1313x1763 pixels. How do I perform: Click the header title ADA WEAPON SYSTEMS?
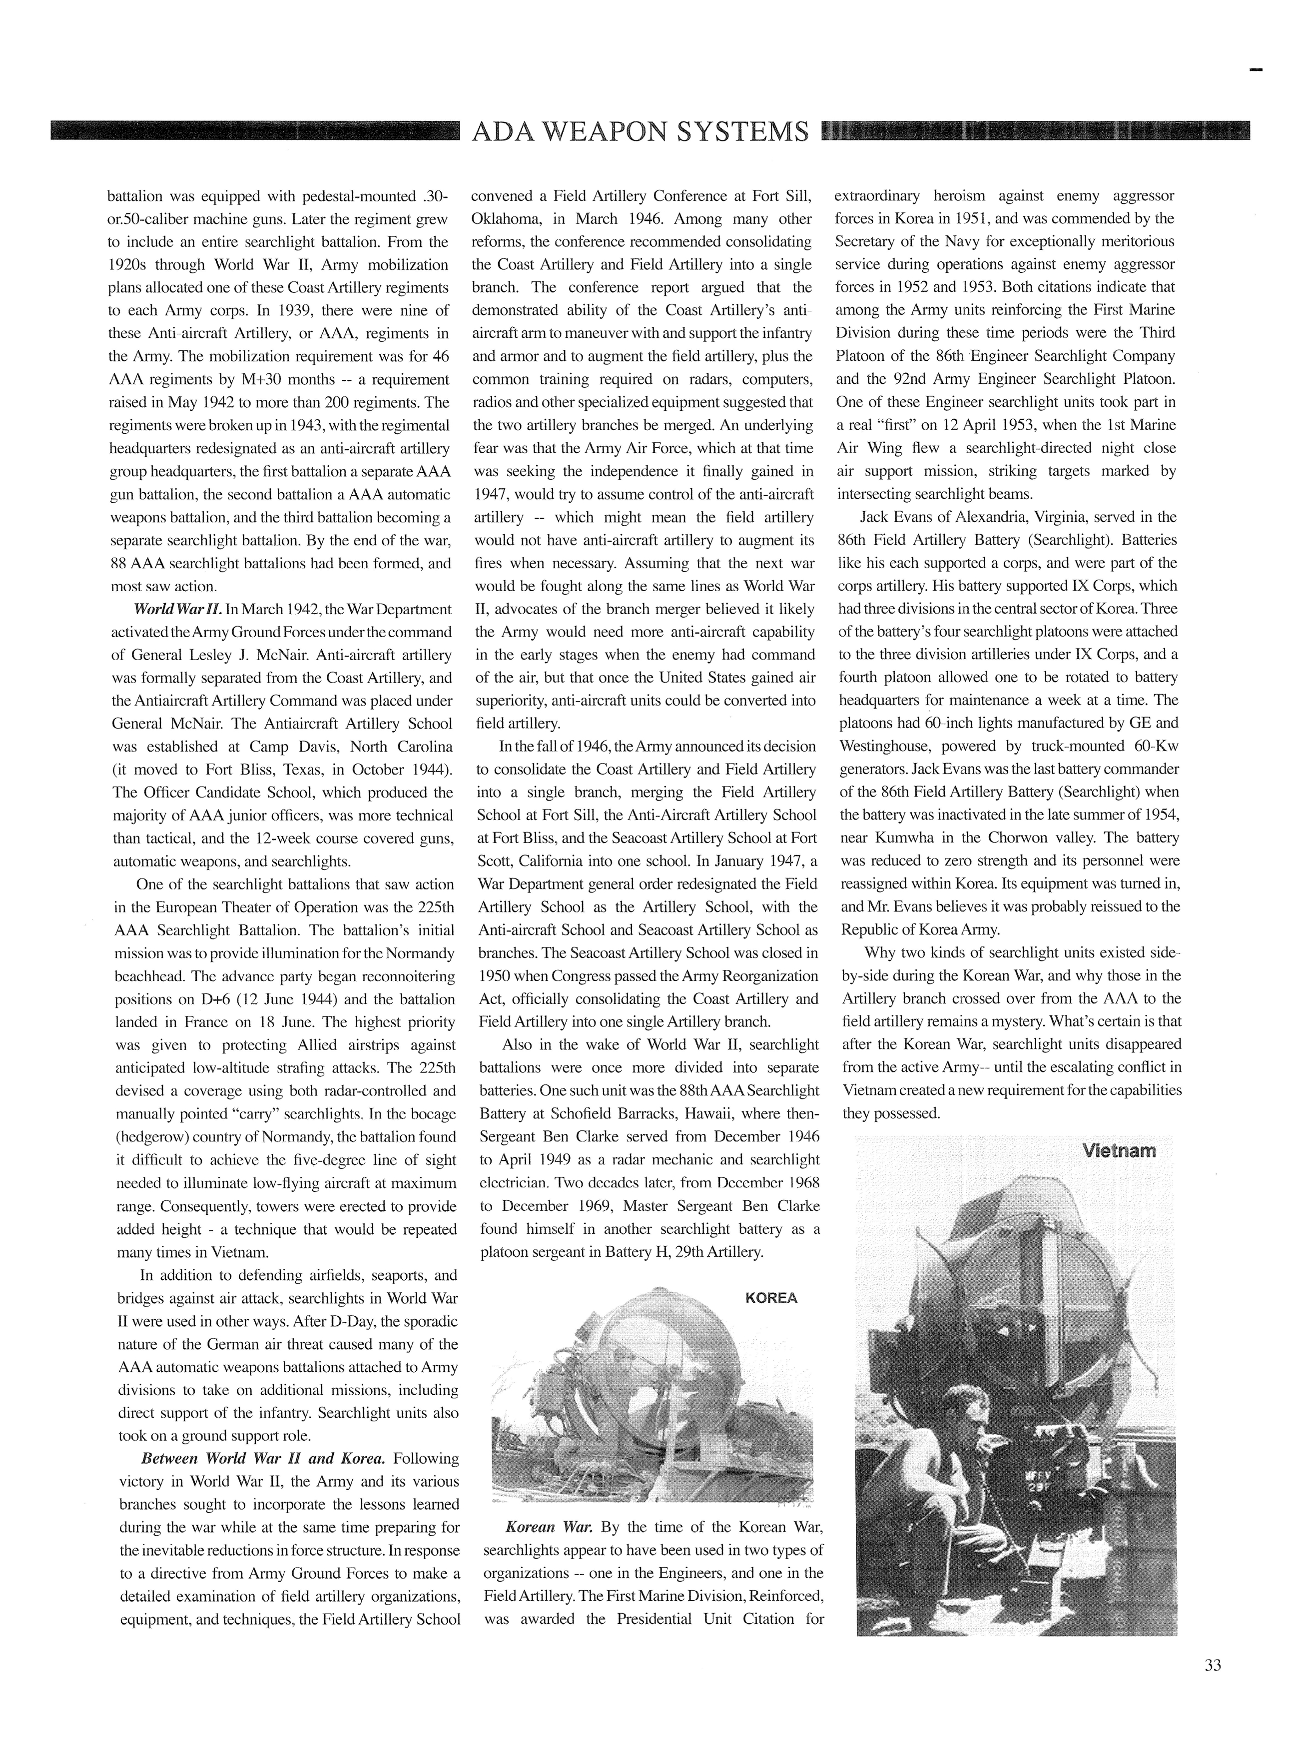click(640, 131)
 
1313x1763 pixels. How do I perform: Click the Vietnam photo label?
click(1118, 1150)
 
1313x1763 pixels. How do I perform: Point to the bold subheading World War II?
click(177, 610)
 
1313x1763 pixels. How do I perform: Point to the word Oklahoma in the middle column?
click(510, 218)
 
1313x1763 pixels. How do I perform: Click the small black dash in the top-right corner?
click(1256, 70)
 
